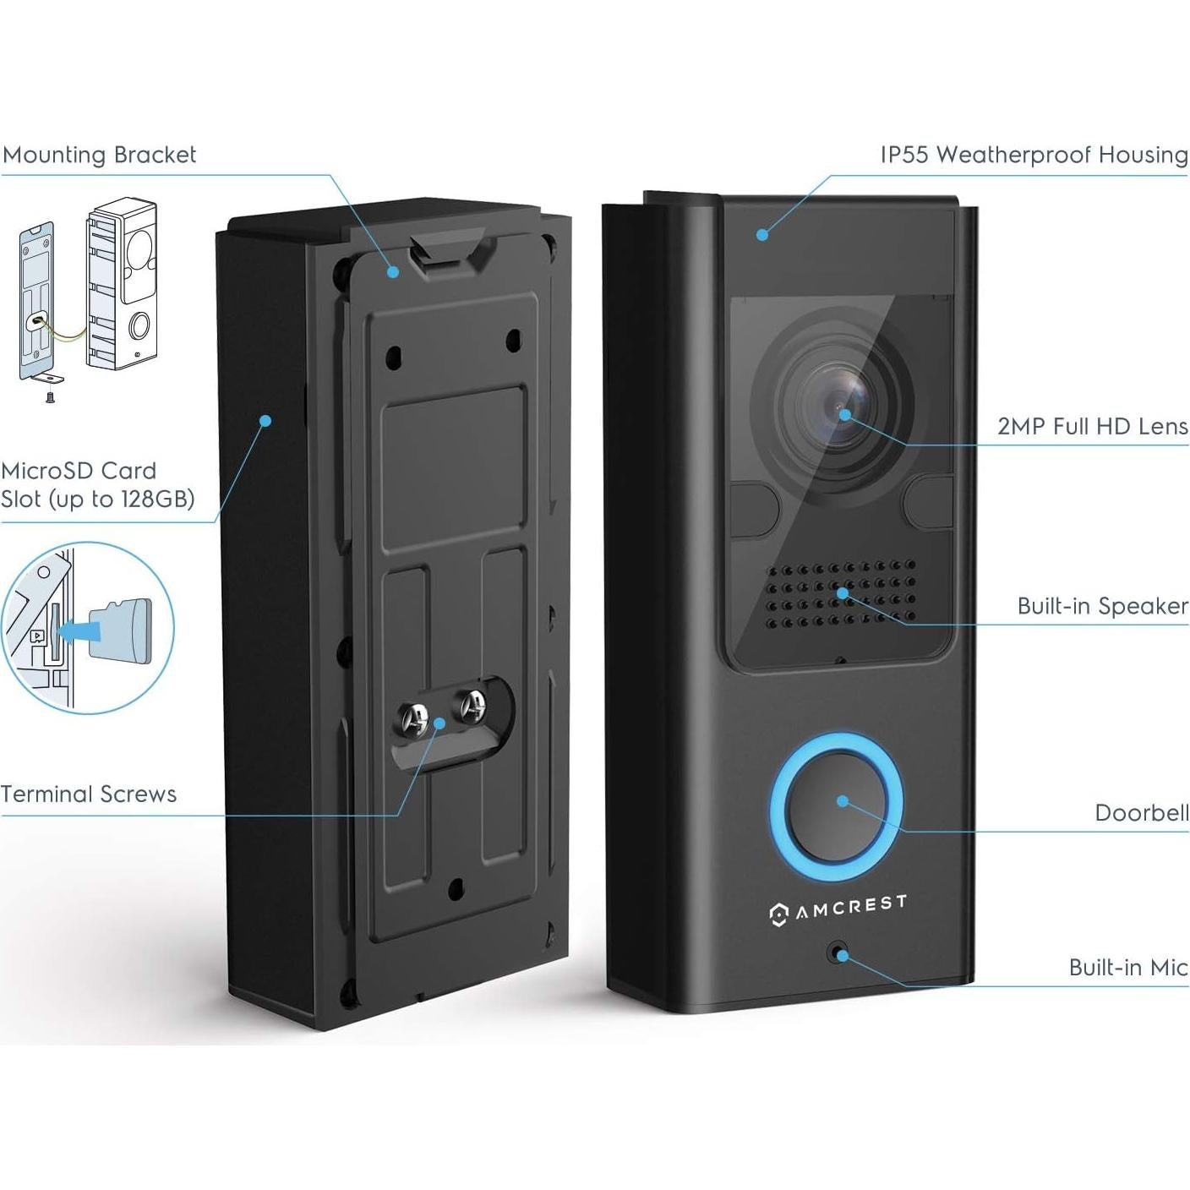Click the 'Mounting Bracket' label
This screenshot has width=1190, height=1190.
click(99, 155)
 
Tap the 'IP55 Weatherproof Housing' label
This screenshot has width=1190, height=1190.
click(1034, 155)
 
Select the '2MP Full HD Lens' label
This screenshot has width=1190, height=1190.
click(1092, 426)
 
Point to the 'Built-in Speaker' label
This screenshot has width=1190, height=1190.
click(1102, 606)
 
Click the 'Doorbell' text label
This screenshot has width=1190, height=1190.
click(1141, 813)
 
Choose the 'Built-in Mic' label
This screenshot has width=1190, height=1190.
click(1127, 968)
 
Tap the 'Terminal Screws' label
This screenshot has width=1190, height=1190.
click(89, 794)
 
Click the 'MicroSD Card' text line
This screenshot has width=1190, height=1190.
click(79, 471)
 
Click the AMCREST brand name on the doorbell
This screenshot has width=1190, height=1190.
click(849, 907)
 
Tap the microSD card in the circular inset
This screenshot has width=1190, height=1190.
click(127, 630)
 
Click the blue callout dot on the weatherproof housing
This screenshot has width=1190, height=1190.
click(762, 235)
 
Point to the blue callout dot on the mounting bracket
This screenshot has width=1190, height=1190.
click(393, 271)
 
